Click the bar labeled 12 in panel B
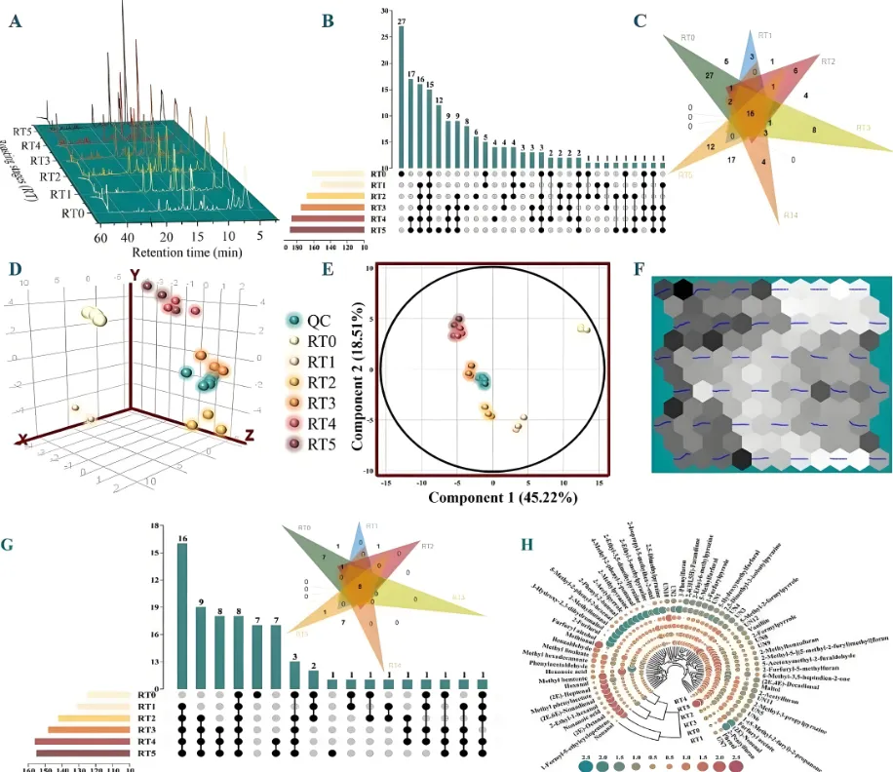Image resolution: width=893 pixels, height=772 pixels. click(x=439, y=135)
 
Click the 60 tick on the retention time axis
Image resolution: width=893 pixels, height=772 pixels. click(x=99, y=237)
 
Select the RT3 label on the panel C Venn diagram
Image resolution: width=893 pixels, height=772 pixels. click(x=864, y=128)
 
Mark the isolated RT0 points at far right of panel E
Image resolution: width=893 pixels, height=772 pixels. click(x=583, y=329)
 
